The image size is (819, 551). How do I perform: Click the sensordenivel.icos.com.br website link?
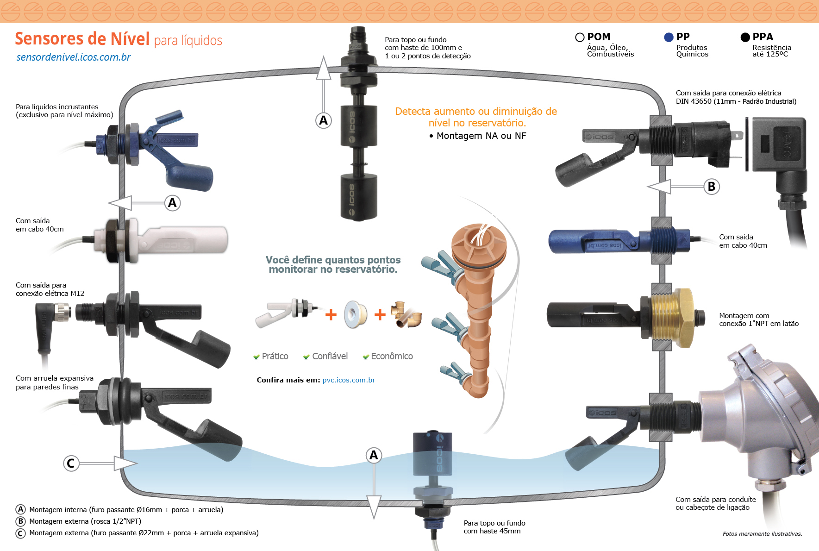[73, 57]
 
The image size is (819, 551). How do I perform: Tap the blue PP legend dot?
[669, 38]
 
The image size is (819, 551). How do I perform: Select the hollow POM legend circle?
[580, 38]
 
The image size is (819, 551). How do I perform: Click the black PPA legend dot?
[745, 38]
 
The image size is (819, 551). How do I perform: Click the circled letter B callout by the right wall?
[712, 187]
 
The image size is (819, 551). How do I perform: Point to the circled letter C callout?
[71, 463]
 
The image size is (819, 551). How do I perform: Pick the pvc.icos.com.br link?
[349, 380]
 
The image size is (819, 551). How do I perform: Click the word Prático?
[275, 356]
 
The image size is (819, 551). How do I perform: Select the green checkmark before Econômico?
[366, 357]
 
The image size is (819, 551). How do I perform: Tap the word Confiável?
[330, 356]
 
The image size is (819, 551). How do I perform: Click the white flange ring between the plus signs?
[355, 314]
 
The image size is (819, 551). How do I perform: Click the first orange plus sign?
[331, 315]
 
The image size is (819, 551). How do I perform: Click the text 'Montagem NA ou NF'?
[481, 136]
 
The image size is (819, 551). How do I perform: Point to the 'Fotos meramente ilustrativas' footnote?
[762, 534]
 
